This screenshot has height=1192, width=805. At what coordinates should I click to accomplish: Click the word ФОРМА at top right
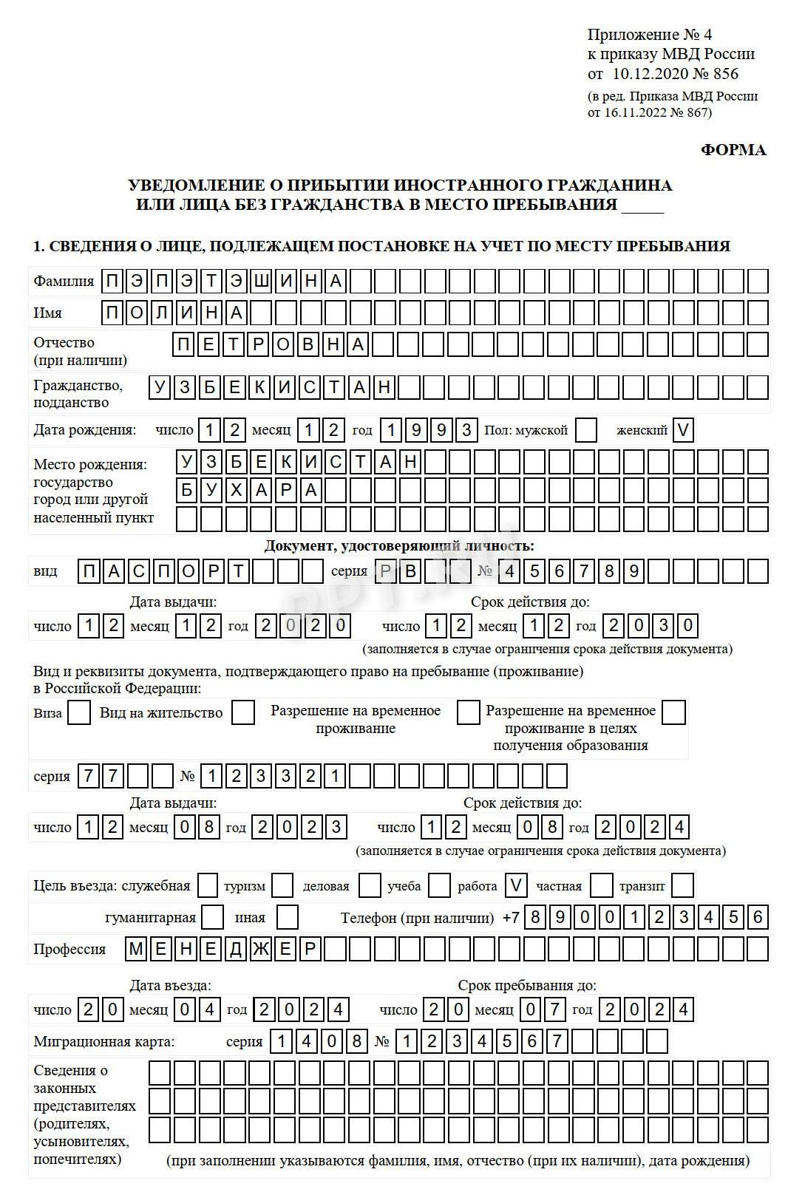(733, 150)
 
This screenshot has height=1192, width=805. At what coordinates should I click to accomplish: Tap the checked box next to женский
(684, 430)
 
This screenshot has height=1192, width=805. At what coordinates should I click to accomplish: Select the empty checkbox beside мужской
(586, 430)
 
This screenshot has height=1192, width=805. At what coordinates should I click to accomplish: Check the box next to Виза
(79, 713)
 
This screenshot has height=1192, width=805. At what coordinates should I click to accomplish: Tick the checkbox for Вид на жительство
(243, 713)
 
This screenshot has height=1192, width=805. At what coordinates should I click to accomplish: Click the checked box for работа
(517, 885)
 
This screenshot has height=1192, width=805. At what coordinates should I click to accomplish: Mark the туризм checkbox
(282, 885)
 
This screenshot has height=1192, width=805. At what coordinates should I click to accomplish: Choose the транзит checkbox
(682, 885)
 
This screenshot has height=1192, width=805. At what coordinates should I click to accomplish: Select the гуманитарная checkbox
(213, 917)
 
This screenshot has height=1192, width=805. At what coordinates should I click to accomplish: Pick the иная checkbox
(287, 917)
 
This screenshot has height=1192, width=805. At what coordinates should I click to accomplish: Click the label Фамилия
(64, 281)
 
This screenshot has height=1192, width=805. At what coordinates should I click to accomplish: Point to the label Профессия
(69, 949)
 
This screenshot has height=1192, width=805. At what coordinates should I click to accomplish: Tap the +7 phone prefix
(511, 918)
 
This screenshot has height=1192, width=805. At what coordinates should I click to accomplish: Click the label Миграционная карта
(104, 1041)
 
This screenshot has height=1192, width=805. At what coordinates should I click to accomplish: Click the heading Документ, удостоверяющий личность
(399, 546)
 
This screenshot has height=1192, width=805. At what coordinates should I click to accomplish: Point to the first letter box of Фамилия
(113, 281)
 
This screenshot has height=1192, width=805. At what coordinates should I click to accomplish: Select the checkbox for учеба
(439, 885)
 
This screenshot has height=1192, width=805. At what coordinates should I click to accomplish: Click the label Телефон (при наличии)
(417, 918)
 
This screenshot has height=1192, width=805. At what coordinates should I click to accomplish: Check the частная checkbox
(602, 885)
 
